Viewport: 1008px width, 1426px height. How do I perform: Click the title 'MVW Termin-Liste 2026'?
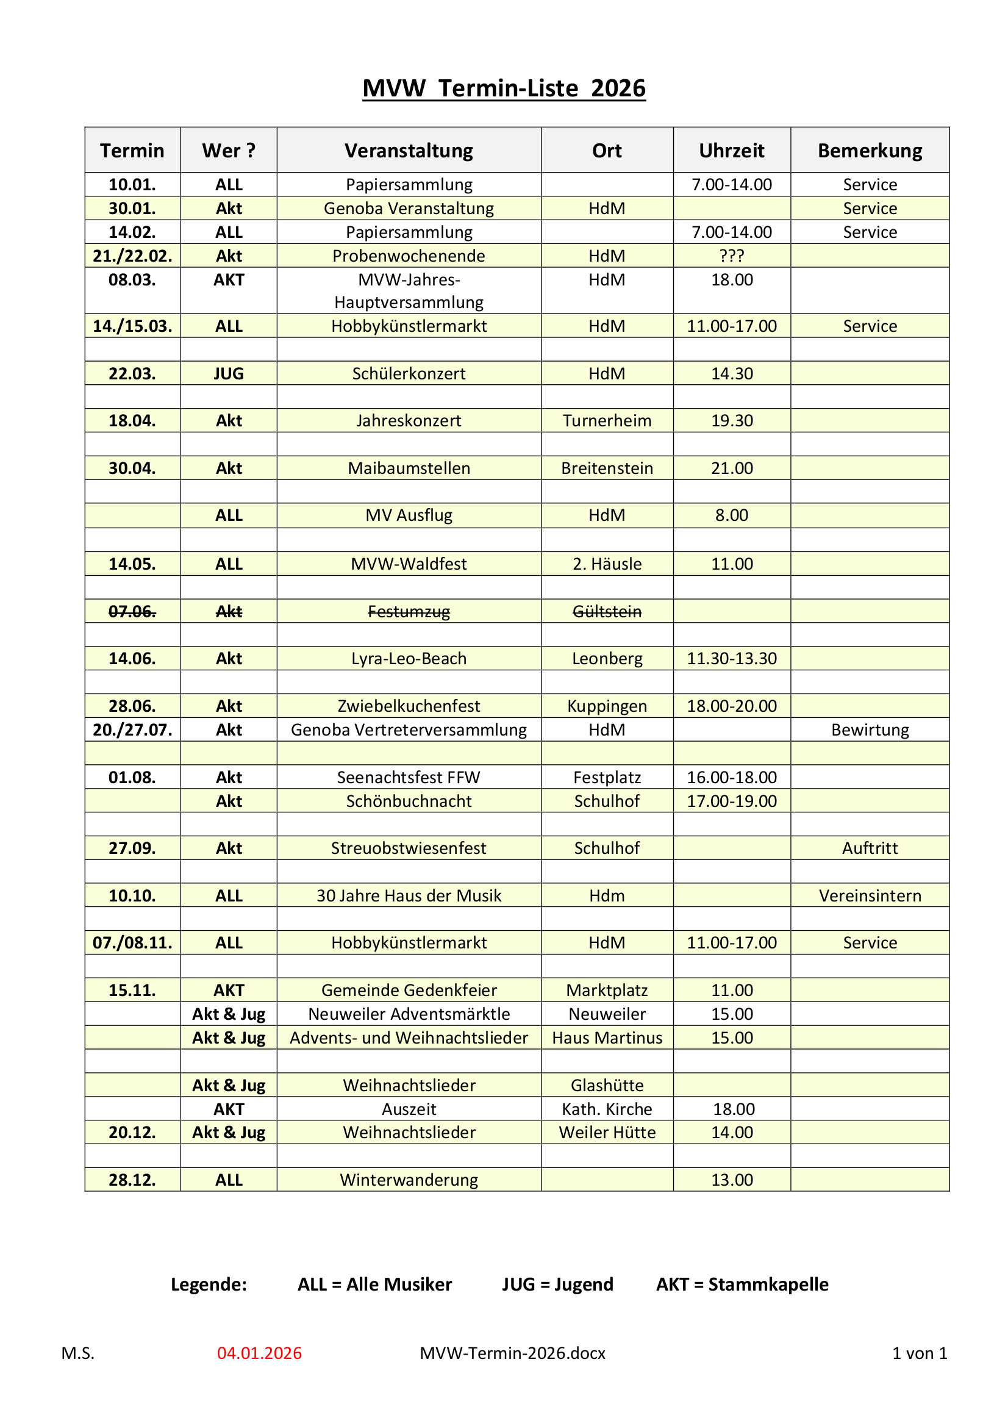[x=504, y=88]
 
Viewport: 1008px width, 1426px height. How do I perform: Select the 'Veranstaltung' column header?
[x=409, y=150]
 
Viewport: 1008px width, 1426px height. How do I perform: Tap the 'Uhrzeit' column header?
[x=731, y=150]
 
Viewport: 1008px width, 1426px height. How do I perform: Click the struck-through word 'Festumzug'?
[x=409, y=612]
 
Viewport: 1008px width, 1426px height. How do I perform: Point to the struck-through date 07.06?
[x=132, y=612]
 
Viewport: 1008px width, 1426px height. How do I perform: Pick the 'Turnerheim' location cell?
[x=607, y=420]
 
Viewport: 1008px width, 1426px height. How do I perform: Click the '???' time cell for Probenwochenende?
[x=731, y=256]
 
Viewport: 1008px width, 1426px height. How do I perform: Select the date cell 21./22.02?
[x=132, y=256]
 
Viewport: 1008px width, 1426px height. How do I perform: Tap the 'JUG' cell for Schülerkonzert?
[x=229, y=373]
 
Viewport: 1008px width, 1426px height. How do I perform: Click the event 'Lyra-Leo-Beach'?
[x=409, y=658]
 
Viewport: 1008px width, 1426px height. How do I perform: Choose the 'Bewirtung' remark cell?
[x=870, y=729]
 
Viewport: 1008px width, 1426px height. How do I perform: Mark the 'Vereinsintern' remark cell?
[x=870, y=895]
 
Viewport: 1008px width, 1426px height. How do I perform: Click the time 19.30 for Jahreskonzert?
[x=731, y=420]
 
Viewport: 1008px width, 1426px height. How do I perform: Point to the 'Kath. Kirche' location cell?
[x=607, y=1109]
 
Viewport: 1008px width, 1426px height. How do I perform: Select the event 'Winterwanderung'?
[x=409, y=1180]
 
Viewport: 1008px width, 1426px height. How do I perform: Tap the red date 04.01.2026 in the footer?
[x=259, y=1353]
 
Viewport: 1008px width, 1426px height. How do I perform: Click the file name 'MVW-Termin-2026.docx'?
[x=512, y=1353]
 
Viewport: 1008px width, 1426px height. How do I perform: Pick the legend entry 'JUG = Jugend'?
[x=557, y=1284]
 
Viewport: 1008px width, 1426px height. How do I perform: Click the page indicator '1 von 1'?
[x=919, y=1353]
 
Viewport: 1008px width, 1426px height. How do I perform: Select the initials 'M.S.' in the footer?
[x=77, y=1353]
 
